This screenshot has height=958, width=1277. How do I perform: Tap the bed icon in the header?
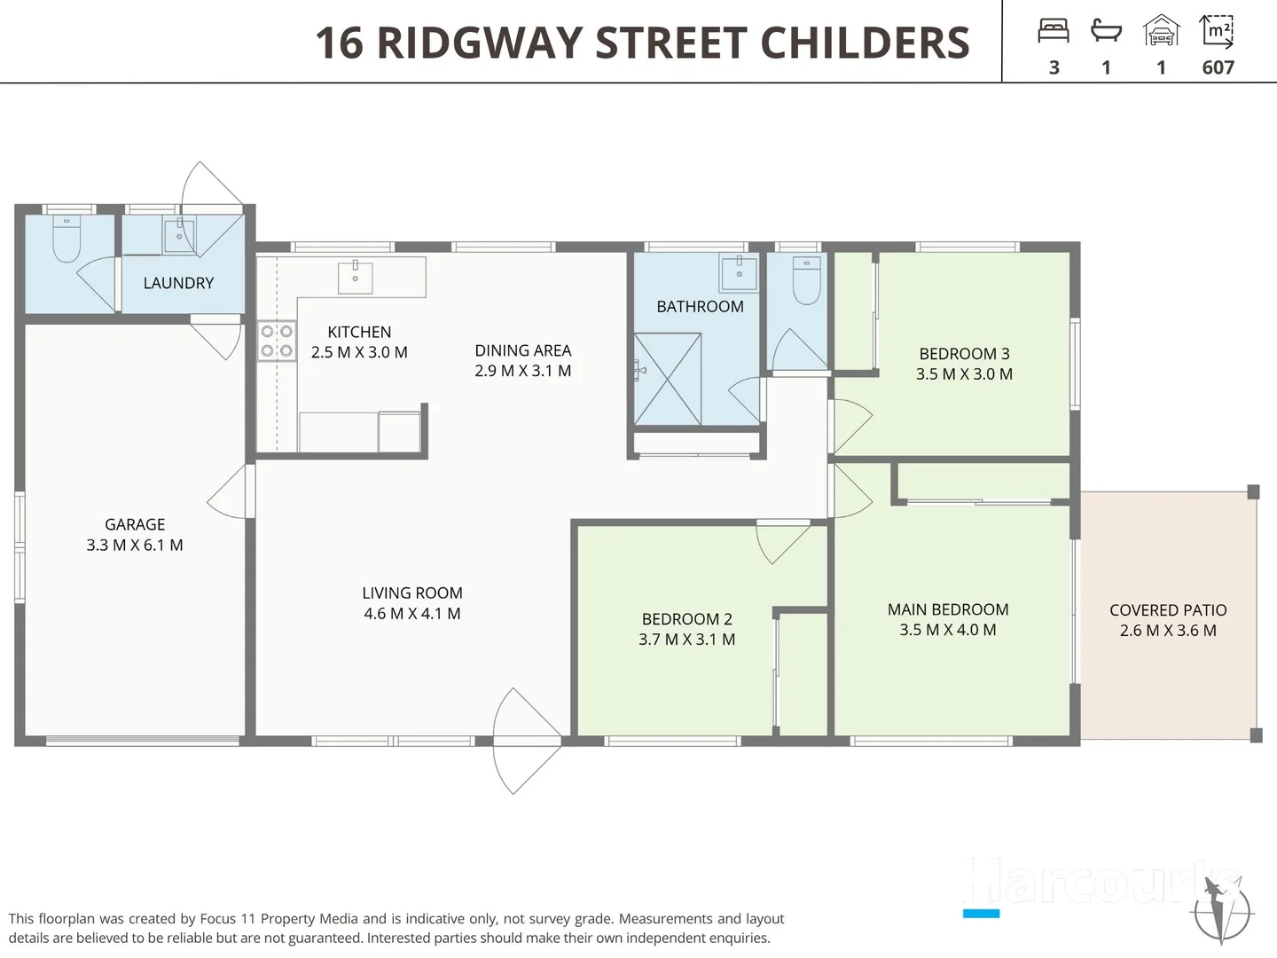(x=1054, y=32)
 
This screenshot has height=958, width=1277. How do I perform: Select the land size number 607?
(x=1218, y=67)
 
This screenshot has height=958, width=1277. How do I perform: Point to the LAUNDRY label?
(x=178, y=283)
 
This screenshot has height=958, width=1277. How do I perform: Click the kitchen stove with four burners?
(x=277, y=341)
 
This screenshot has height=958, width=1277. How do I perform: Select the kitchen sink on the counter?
(x=355, y=276)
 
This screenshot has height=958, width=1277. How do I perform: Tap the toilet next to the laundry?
(x=67, y=238)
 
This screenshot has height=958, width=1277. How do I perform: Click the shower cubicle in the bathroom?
(x=668, y=379)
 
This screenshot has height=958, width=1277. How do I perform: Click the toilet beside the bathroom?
(x=806, y=279)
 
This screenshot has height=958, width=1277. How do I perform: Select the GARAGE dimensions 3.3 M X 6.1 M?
(x=135, y=546)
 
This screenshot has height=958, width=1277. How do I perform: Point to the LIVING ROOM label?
(x=412, y=593)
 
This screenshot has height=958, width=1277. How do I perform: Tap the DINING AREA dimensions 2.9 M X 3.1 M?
(x=522, y=371)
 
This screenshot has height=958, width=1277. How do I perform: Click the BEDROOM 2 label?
(x=686, y=619)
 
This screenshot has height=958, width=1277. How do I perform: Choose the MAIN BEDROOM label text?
(x=948, y=609)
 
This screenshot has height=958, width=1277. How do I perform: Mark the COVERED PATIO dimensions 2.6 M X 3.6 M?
(x=1168, y=631)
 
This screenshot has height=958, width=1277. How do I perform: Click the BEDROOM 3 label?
(x=964, y=354)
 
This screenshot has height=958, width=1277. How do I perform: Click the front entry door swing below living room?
(x=526, y=742)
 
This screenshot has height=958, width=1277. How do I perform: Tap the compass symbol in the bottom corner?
(x=1223, y=909)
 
